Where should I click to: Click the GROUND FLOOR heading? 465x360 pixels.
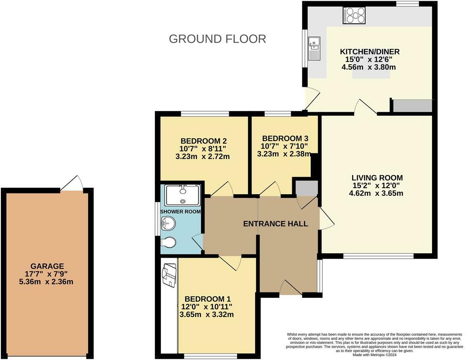pyautogui.click(x=217, y=39)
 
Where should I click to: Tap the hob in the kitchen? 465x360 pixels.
pyautogui.click(x=354, y=15)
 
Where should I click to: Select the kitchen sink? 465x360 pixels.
pyautogui.click(x=314, y=48)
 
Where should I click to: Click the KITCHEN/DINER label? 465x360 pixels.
pyautogui.click(x=369, y=52)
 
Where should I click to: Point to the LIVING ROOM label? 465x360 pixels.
pyautogui.click(x=377, y=178)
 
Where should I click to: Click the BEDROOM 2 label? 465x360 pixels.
pyautogui.click(x=204, y=141)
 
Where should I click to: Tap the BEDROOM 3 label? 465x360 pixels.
pyautogui.click(x=285, y=139)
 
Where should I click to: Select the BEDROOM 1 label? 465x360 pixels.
pyautogui.click(x=208, y=299)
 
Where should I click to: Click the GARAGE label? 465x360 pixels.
pyautogui.click(x=47, y=266)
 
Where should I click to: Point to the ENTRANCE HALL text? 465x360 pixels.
pyautogui.click(x=275, y=224)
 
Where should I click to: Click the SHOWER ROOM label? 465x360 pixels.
pyautogui.click(x=180, y=212)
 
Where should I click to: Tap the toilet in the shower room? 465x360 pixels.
pyautogui.click(x=168, y=242)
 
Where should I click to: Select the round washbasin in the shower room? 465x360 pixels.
pyautogui.click(x=168, y=223)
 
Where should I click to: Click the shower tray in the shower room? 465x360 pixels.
pyautogui.click(x=183, y=195)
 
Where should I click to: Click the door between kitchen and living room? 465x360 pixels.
pyautogui.click(x=366, y=107)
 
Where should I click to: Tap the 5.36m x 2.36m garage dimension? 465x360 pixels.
pyautogui.click(x=46, y=282)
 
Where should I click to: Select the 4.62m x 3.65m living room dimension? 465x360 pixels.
pyautogui.click(x=376, y=193)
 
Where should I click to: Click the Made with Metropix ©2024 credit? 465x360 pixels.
pyautogui.click(x=374, y=355)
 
